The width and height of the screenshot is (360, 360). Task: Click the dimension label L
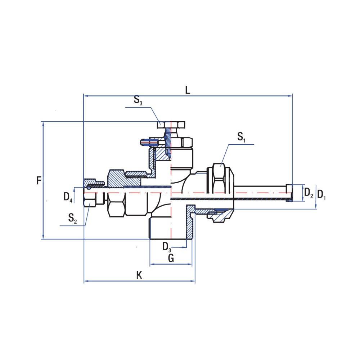point(187,90)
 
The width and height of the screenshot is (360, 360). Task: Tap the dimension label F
point(39,180)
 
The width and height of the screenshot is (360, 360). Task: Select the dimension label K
point(139,276)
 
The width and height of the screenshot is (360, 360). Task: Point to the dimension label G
point(171,258)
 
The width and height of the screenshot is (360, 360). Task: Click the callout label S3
point(138,100)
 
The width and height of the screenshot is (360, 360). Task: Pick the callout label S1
point(241,137)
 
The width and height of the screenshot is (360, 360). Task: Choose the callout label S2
point(72,218)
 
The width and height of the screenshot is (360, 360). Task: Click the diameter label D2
point(309,193)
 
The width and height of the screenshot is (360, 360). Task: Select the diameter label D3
point(167,247)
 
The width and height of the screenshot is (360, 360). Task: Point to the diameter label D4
point(68,197)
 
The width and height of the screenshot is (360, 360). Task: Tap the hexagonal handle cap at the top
point(171,124)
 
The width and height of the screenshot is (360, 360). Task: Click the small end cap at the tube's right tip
point(289,193)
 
